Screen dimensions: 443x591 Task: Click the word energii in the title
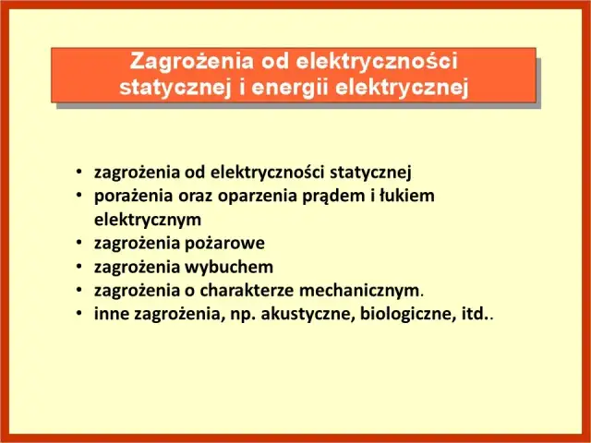click(x=289, y=88)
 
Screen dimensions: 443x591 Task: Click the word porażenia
click(x=127, y=196)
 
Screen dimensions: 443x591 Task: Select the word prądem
click(x=314, y=196)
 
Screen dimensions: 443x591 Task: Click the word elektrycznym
click(x=147, y=220)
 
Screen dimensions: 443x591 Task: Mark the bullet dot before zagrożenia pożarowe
click(x=80, y=244)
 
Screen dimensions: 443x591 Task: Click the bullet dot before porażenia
click(x=80, y=196)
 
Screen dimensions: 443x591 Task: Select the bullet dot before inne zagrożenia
click(x=80, y=314)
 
